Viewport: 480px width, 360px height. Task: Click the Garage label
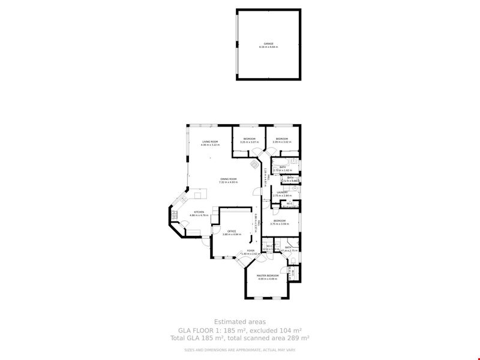click(269, 45)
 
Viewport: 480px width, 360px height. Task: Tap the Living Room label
click(210, 143)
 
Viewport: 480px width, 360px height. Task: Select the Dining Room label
click(229, 180)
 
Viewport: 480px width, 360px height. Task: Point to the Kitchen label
click(199, 213)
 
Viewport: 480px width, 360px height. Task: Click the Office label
click(232, 232)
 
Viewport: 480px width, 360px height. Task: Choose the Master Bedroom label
click(268, 277)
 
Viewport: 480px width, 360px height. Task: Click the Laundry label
click(282, 194)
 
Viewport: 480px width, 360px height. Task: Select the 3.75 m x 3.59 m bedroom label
click(280, 222)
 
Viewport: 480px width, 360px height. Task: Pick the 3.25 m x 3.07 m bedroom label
click(249, 140)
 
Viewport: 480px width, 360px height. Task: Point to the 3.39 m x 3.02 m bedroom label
click(282, 140)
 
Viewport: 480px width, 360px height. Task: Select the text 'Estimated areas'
click(239, 322)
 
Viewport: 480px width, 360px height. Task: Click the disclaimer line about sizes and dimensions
click(239, 350)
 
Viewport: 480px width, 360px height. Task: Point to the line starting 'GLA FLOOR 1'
click(239, 331)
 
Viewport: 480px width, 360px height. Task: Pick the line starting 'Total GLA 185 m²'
click(239, 338)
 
